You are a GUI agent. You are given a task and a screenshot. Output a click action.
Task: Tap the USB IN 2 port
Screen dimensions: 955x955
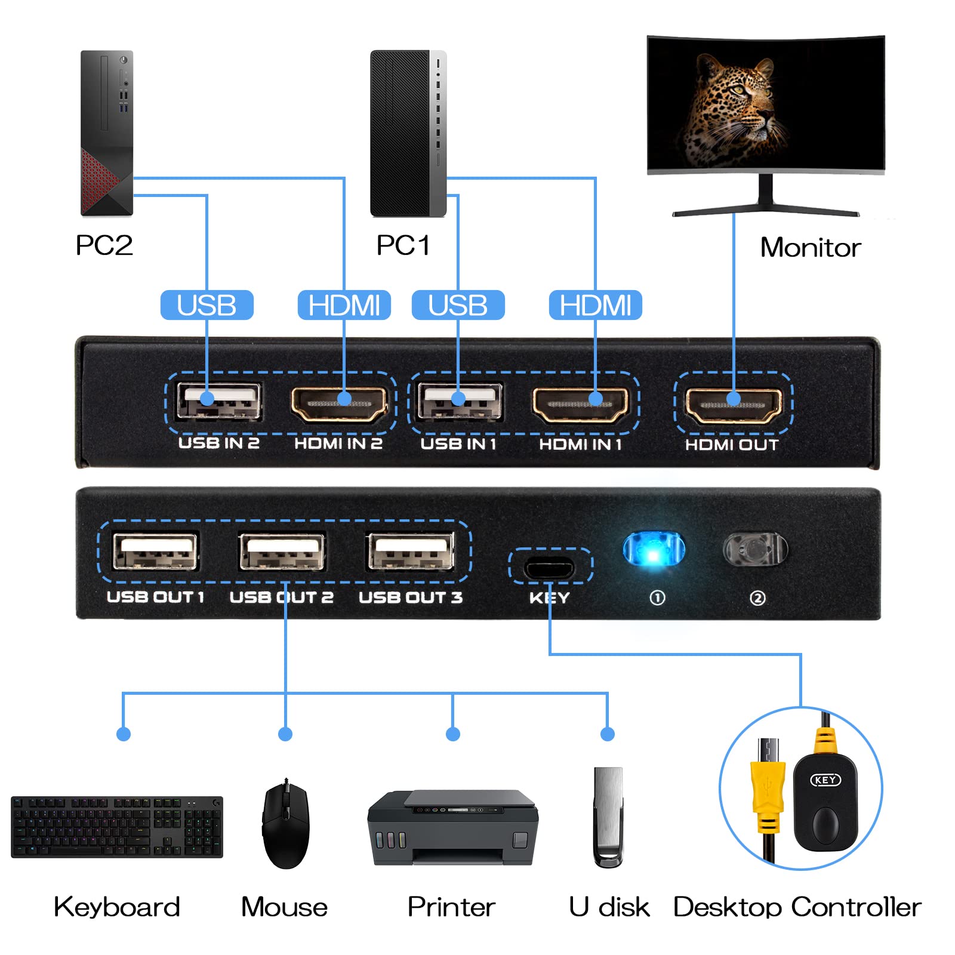(x=218, y=402)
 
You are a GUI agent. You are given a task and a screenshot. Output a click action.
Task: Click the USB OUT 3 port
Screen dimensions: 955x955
(x=411, y=552)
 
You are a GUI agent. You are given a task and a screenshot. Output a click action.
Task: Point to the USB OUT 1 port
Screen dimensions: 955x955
(x=155, y=552)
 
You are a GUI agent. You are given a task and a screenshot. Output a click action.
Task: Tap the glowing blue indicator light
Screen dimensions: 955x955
(x=654, y=549)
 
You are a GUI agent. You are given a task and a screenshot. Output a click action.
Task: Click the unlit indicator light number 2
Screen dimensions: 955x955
(x=755, y=549)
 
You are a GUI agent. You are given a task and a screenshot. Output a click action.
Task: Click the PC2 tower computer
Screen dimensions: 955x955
(x=107, y=133)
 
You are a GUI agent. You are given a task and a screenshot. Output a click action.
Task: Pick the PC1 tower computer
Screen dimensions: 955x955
(x=408, y=133)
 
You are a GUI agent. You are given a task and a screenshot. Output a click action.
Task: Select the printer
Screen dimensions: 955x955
(x=452, y=827)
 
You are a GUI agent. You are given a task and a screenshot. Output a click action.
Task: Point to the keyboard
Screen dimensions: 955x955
(x=117, y=827)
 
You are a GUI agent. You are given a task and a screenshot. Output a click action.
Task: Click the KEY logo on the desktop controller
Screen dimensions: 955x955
(x=825, y=780)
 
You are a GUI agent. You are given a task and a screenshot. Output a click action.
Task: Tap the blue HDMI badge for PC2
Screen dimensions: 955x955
(x=344, y=305)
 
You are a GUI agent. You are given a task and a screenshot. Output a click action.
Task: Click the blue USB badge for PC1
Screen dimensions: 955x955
(x=458, y=305)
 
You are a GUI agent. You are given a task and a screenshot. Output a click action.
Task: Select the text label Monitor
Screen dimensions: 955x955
(x=810, y=247)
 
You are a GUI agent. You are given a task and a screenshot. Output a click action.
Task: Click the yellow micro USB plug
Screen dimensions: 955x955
(x=768, y=776)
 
